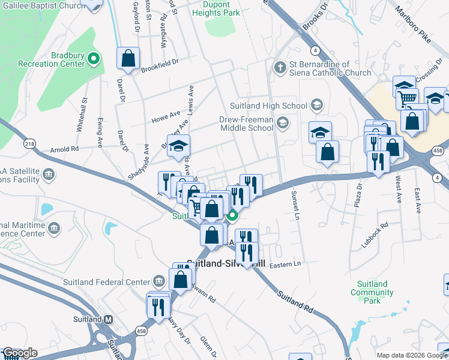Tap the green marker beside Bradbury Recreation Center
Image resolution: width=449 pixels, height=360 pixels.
(x=94, y=59)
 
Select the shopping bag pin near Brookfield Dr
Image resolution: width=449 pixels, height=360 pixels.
(x=128, y=59)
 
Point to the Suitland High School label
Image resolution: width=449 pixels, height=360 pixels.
(x=277, y=106)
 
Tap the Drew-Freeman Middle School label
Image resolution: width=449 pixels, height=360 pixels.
(x=246, y=124)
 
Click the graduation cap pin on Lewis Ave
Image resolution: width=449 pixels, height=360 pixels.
(x=178, y=146)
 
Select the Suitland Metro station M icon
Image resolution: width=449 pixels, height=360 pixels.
(x=108, y=320)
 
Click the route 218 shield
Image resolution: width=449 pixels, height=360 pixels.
(x=29, y=144)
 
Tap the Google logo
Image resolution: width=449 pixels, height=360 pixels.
(x=19, y=353)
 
